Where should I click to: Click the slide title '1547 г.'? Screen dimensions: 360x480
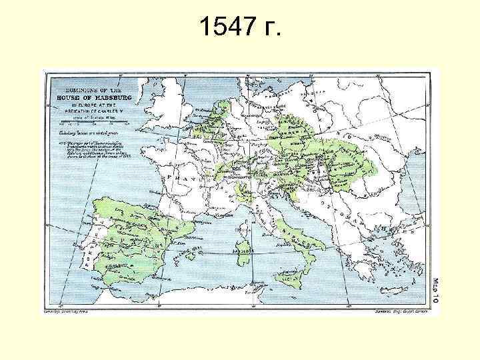(x=240, y=27)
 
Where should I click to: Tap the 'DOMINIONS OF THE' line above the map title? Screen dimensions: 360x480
(x=92, y=89)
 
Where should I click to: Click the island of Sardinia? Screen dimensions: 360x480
(x=243, y=244)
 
